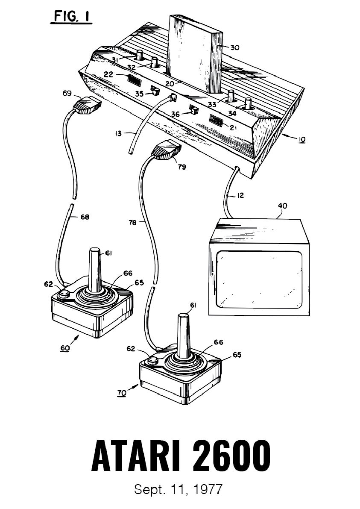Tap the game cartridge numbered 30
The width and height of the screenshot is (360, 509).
pos(196,53)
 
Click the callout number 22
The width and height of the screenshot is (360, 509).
pos(108,74)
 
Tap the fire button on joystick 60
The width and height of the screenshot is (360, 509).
pos(64,294)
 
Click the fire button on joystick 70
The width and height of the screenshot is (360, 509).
pos(152,361)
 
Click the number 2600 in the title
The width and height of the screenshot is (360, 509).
pos(233,455)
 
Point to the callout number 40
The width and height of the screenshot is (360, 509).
pos(282,206)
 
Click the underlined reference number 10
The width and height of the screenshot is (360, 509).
pos(301,139)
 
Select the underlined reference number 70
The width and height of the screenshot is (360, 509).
pos(122,393)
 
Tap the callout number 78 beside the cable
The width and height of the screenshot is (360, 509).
pos(132,223)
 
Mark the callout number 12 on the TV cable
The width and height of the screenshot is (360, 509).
pos(240,195)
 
